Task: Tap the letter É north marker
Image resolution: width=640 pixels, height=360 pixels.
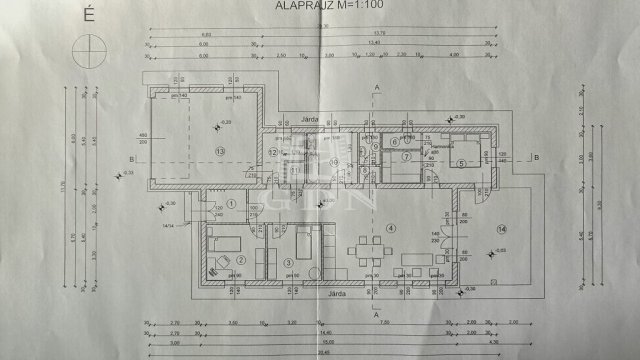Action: [91, 15]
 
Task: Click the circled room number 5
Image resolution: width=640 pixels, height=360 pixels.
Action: [461, 163]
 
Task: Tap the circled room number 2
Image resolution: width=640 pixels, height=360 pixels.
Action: [241, 258]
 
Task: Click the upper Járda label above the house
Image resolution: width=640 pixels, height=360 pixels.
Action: [310, 119]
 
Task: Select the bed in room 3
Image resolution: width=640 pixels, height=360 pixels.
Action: [308, 242]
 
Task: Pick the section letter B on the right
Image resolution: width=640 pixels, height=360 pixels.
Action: [537, 158]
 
